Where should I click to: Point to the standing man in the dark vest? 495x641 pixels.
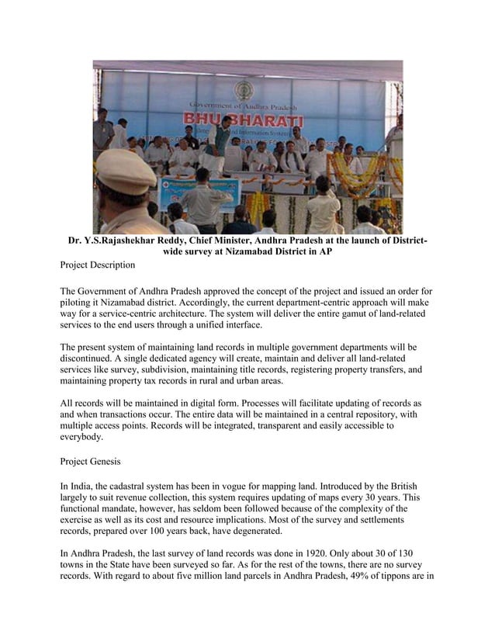[220, 140]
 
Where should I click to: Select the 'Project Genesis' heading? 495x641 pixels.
[90, 461]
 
